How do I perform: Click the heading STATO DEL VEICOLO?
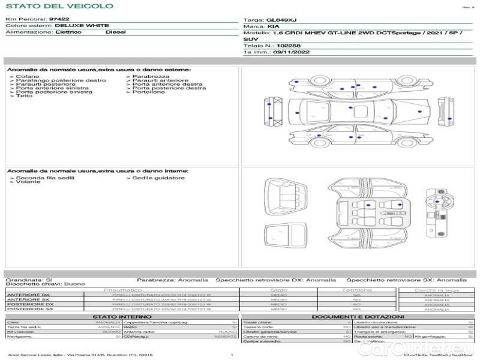(59, 6)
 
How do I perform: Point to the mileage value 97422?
(59, 20)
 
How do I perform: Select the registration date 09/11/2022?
(290, 53)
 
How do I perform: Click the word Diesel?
(116, 32)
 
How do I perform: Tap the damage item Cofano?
(28, 77)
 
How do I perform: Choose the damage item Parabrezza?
(151, 77)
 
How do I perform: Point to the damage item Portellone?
(148, 92)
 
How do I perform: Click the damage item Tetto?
(25, 96)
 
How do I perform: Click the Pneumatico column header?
(122, 290)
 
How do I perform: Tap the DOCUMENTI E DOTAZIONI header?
(358, 316)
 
